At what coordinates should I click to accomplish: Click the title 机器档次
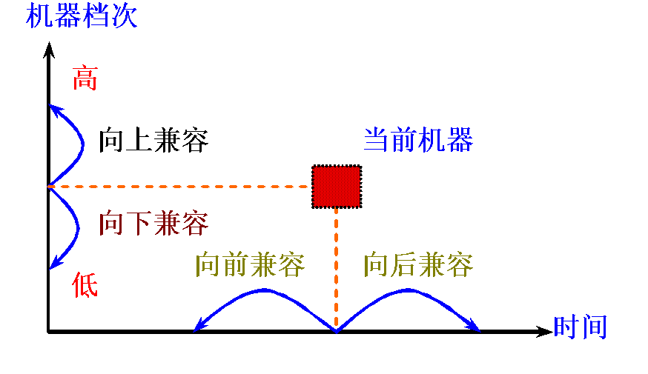click(x=82, y=16)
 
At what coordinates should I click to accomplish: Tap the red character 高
click(x=85, y=78)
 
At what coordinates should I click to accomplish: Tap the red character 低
click(x=85, y=285)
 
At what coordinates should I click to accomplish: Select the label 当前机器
click(x=418, y=140)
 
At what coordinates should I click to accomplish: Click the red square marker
click(x=337, y=187)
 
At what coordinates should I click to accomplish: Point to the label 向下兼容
click(x=153, y=223)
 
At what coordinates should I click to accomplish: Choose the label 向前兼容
click(x=250, y=264)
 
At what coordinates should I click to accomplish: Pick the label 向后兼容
click(x=418, y=264)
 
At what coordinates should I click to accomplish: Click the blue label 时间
click(x=581, y=327)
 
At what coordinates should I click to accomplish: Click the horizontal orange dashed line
click(x=178, y=187)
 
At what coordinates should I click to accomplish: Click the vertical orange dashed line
click(x=337, y=267)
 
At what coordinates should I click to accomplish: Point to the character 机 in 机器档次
click(x=40, y=16)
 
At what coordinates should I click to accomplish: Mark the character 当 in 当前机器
click(x=377, y=140)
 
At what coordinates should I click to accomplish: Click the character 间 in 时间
click(x=595, y=327)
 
